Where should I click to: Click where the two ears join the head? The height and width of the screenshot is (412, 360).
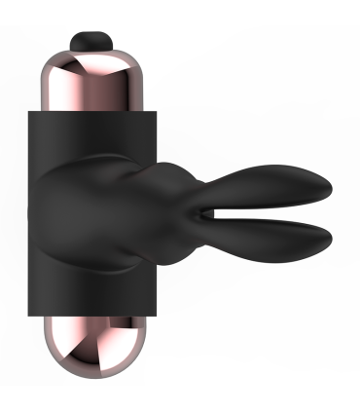tap(199, 211)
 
